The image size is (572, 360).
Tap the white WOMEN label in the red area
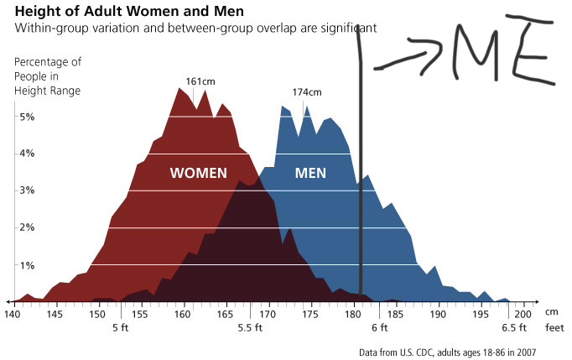point(199,174)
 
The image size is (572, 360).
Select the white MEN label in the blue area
point(310,174)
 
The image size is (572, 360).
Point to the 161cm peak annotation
point(200,81)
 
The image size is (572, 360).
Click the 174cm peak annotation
point(306,91)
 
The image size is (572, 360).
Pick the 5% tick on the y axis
point(27,117)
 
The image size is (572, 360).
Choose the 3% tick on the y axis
point(27,190)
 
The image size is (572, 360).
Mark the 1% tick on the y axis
point(27,265)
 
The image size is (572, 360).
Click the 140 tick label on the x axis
point(12,314)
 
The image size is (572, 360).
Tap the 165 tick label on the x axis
point(226,314)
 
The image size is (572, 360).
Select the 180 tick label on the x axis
point(353,314)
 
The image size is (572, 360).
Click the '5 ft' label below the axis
point(121,328)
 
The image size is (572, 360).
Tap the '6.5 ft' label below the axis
point(513,328)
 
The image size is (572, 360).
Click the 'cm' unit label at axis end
point(551,313)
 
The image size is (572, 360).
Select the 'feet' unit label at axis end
point(554,328)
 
